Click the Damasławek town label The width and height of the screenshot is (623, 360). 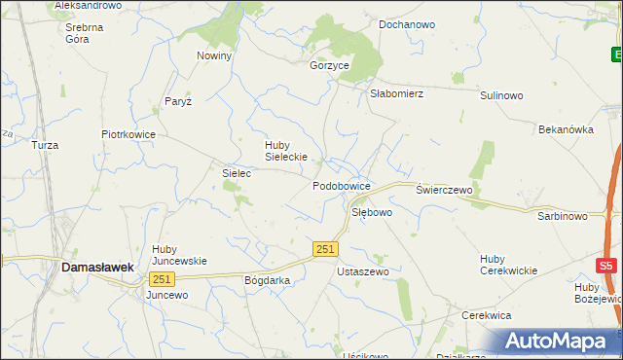(x=97, y=265)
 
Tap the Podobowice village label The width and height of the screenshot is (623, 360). (x=341, y=185)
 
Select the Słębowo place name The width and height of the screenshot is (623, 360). (x=371, y=211)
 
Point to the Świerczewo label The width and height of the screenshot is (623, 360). (x=444, y=190)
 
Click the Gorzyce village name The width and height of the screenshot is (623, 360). (x=329, y=65)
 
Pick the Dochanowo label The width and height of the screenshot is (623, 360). (x=406, y=23)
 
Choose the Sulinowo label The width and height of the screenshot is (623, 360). (x=501, y=95)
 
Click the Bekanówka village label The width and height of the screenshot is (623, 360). (x=567, y=128)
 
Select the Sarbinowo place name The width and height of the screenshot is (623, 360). (x=563, y=216)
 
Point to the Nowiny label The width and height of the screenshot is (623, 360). (x=214, y=55)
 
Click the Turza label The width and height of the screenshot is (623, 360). (x=45, y=145)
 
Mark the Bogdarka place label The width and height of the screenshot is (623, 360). (x=268, y=279)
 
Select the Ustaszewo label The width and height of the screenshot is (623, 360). (x=362, y=271)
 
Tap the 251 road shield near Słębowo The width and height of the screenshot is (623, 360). (x=326, y=250)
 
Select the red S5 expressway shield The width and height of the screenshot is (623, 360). (x=606, y=265)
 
